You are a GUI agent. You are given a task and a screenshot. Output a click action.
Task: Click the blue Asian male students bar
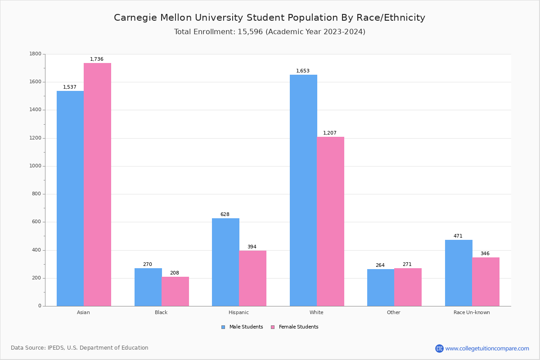point(70,198)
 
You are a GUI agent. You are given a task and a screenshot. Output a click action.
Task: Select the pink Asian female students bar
point(97,184)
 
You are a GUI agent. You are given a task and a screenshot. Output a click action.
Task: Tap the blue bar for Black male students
point(148,287)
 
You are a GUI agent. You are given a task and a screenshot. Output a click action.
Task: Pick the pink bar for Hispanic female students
point(253,278)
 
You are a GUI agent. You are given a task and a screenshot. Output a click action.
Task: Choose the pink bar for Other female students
point(408,287)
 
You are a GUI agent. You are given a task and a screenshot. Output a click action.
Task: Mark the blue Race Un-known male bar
point(459,273)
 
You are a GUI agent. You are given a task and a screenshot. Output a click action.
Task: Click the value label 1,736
point(97,59)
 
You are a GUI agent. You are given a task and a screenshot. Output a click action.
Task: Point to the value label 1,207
point(330,133)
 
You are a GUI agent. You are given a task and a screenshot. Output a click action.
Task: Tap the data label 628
point(225,215)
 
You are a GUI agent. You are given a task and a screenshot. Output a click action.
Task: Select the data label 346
point(485,254)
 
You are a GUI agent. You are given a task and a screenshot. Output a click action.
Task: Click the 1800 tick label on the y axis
point(35,54)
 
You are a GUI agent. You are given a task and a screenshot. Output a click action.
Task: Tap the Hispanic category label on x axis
point(238,312)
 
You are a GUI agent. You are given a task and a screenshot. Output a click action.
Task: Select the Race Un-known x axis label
point(472,312)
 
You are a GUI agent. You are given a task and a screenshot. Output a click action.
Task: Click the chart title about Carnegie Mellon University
point(270,18)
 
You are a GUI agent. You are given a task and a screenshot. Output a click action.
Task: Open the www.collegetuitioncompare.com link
point(487,348)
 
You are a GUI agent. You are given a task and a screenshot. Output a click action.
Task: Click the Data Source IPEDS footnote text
point(80,348)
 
